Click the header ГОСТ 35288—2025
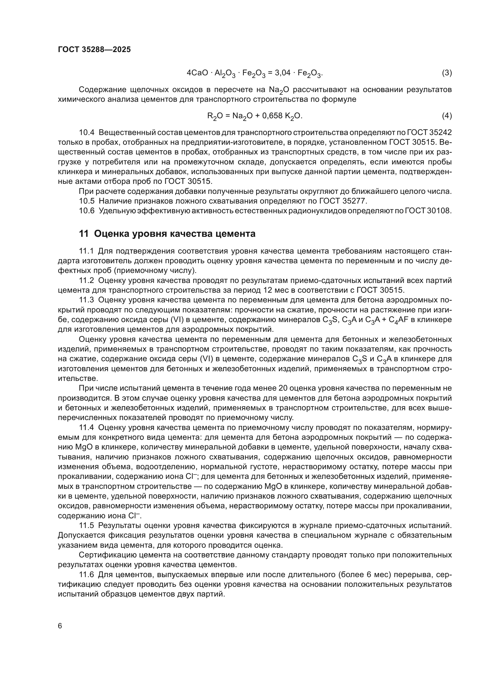pos(94,49)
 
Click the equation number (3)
pos(447,73)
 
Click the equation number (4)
pos(447,116)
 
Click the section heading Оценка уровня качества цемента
pos(175,234)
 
